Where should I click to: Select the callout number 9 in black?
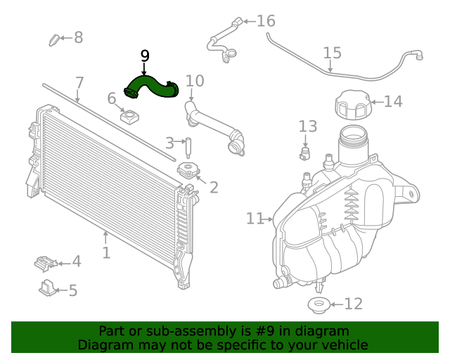click(x=145, y=56)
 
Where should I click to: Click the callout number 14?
click(x=392, y=102)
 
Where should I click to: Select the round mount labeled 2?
click(x=188, y=171)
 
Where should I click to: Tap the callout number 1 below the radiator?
click(x=106, y=252)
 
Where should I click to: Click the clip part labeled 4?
click(x=45, y=263)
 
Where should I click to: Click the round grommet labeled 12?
click(x=318, y=304)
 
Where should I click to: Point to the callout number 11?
click(x=254, y=219)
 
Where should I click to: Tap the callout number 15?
click(x=332, y=53)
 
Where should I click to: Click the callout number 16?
click(x=265, y=21)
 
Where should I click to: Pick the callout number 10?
click(x=194, y=81)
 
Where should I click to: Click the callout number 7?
click(x=79, y=82)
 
